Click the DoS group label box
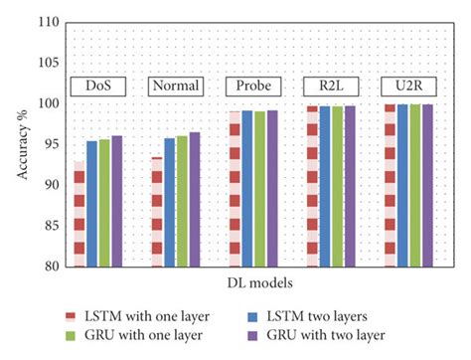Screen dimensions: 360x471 tap(97, 86)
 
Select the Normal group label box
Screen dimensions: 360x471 tap(175, 86)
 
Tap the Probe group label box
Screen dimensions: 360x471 tap(252, 86)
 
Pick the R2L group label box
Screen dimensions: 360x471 tap(330, 86)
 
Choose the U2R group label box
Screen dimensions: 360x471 tap(407, 86)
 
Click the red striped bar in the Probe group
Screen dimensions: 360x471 tap(234, 189)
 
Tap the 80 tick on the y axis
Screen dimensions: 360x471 tap(50, 267)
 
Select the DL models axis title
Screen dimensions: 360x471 tap(252, 286)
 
